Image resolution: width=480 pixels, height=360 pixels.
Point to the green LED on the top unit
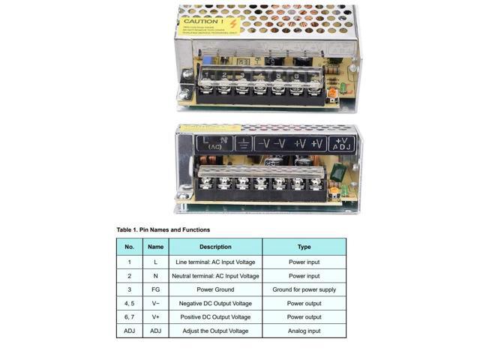tap(341, 88)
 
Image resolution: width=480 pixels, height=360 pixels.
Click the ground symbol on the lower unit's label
tap(244, 143)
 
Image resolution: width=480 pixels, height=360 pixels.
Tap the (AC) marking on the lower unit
tap(215, 147)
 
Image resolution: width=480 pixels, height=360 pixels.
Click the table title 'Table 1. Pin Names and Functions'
tap(163, 229)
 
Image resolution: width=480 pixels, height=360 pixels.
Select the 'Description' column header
tap(215, 247)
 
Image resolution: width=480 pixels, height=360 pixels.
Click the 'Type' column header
tap(304, 247)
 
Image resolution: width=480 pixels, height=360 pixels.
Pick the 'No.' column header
tap(129, 247)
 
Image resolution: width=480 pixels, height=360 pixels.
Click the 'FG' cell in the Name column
tap(155, 289)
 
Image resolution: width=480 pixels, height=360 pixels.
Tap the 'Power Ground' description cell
tap(215, 289)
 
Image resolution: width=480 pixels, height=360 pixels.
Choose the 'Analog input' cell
tap(304, 331)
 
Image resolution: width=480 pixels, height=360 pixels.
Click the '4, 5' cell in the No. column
tap(129, 304)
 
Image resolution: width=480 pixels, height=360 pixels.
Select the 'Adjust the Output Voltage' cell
tap(215, 331)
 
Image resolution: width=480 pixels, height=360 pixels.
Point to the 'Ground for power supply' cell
tap(304, 289)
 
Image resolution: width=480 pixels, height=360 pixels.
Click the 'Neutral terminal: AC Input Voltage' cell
tap(215, 276)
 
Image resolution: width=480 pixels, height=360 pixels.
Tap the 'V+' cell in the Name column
tap(155, 317)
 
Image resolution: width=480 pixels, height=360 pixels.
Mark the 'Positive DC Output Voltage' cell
tap(215, 317)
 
